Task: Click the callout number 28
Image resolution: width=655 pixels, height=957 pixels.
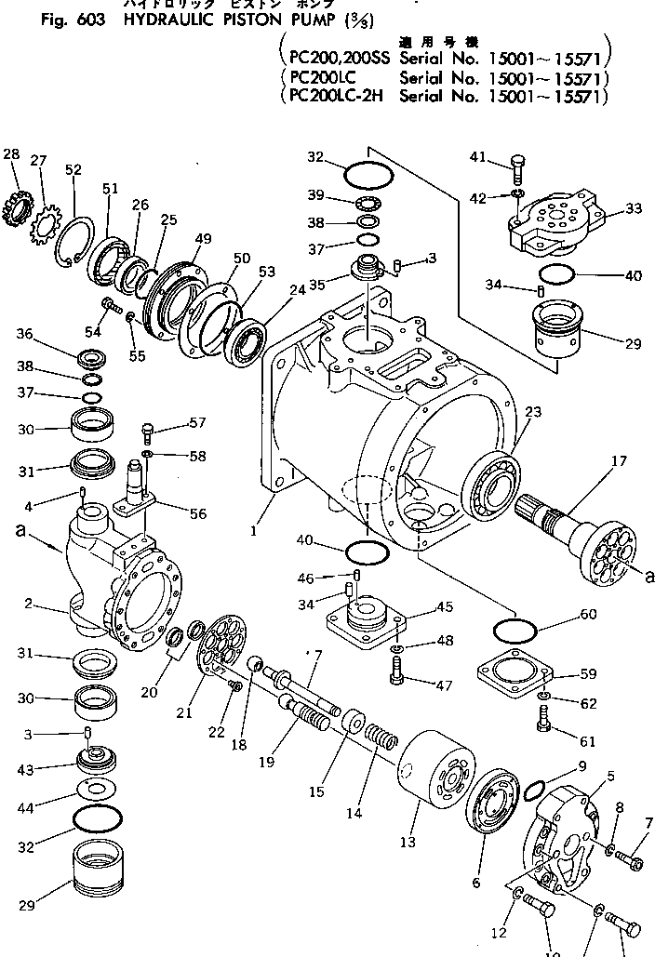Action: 11,153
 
